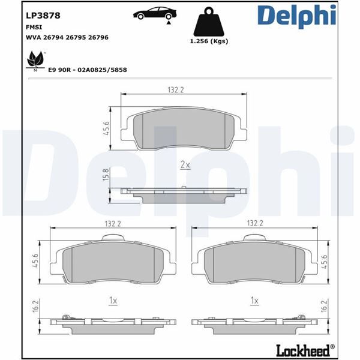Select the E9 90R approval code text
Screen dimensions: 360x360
[88, 70]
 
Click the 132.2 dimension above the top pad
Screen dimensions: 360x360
[175, 89]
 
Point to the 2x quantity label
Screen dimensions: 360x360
[185, 164]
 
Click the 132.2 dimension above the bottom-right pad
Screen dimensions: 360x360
[255, 223]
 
